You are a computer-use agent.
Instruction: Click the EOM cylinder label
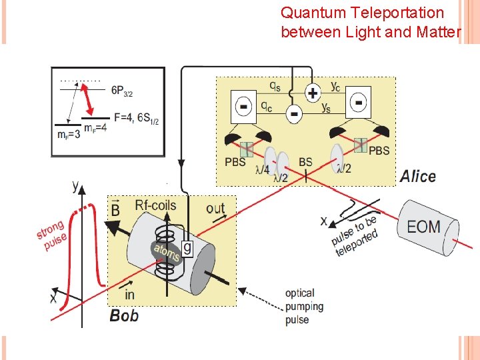(x=424, y=226)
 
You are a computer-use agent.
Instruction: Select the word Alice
(x=417, y=177)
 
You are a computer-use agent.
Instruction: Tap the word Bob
(x=124, y=315)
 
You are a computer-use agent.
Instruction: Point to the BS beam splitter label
(x=305, y=161)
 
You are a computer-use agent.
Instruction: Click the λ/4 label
(x=263, y=169)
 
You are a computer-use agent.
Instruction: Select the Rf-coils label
(x=155, y=205)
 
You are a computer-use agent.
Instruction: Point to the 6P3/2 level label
(x=127, y=90)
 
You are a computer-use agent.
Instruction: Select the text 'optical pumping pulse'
(x=304, y=306)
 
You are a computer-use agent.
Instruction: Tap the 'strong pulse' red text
(x=51, y=237)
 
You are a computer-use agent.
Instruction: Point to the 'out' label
(x=215, y=209)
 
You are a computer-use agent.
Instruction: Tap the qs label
(x=275, y=85)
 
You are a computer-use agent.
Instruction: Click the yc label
(x=336, y=85)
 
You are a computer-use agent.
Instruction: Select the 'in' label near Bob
(x=129, y=294)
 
